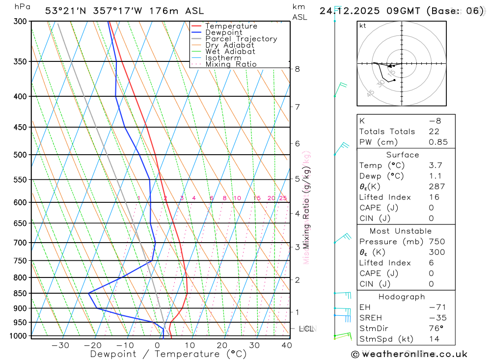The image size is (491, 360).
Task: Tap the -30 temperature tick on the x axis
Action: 60,345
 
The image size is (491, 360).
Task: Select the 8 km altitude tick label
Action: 298,69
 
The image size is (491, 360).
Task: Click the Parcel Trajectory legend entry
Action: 241,39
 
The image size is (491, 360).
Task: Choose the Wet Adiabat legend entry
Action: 230,52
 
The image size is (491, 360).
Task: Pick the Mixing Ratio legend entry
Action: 231,64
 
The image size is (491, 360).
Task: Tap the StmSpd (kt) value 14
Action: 434,339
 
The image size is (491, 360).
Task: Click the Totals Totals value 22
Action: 434,132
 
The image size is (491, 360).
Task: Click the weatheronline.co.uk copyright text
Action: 409,354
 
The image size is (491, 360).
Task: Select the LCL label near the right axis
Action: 306,329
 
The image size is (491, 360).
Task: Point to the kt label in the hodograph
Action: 363,26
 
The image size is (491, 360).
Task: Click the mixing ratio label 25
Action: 283,198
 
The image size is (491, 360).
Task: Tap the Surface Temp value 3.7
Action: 435,166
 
